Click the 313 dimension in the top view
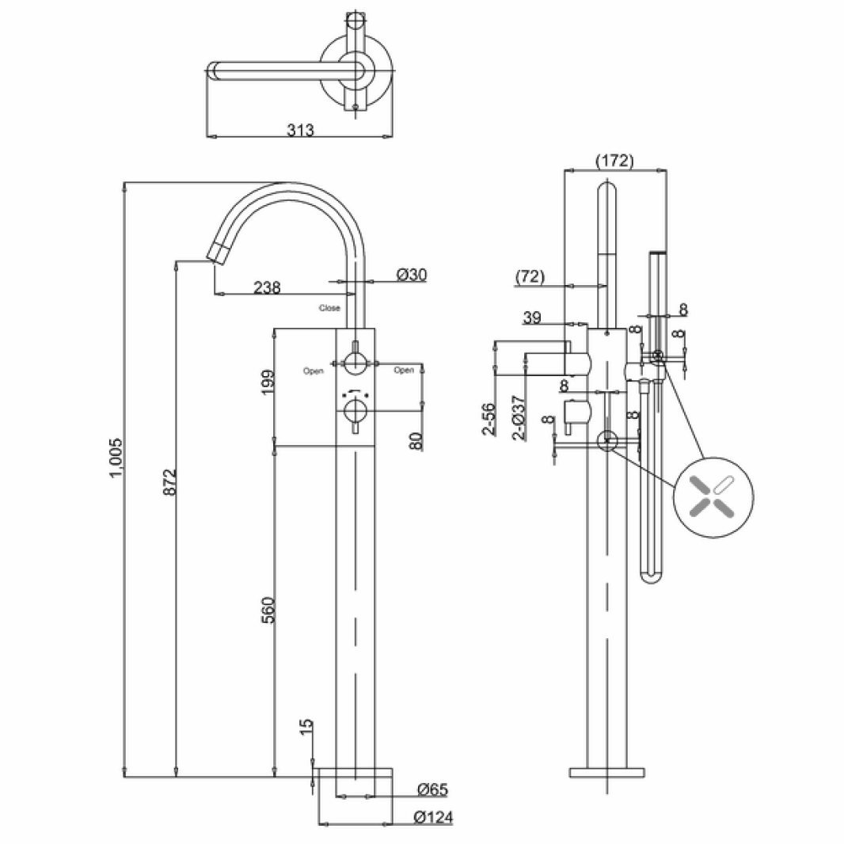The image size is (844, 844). coord(300,131)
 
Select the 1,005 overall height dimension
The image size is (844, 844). coord(116,457)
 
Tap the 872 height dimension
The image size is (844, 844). coord(167,482)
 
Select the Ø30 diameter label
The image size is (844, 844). coord(411,275)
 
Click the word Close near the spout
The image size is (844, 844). coord(329,308)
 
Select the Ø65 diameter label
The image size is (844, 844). coord(432,789)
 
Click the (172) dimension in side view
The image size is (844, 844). coord(614,161)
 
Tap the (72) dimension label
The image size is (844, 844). coord(530,276)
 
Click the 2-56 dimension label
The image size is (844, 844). coord(489,419)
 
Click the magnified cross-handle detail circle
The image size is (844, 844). coord(713,497)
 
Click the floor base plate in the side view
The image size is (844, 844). coord(606,772)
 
